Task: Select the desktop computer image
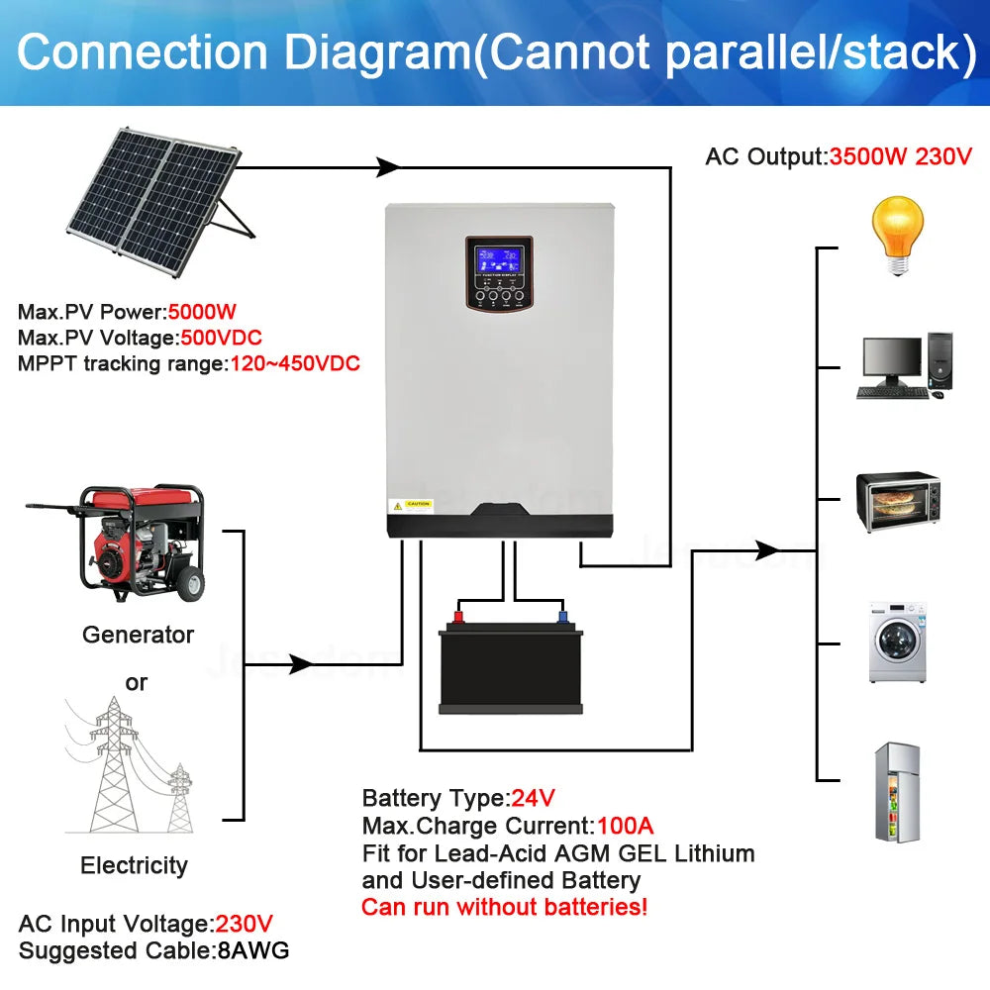click(x=904, y=366)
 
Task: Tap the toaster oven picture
click(x=897, y=502)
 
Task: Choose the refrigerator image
click(x=897, y=792)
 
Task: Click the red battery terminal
click(x=459, y=617)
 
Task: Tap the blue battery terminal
click(x=562, y=617)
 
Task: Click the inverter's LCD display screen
click(x=500, y=261)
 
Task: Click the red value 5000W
click(x=203, y=312)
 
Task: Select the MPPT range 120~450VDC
click(x=294, y=363)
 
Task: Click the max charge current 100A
click(x=624, y=826)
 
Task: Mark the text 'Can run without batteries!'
click(x=504, y=907)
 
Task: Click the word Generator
click(x=138, y=635)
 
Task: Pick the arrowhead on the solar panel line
click(x=388, y=167)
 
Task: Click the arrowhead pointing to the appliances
click(x=766, y=549)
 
